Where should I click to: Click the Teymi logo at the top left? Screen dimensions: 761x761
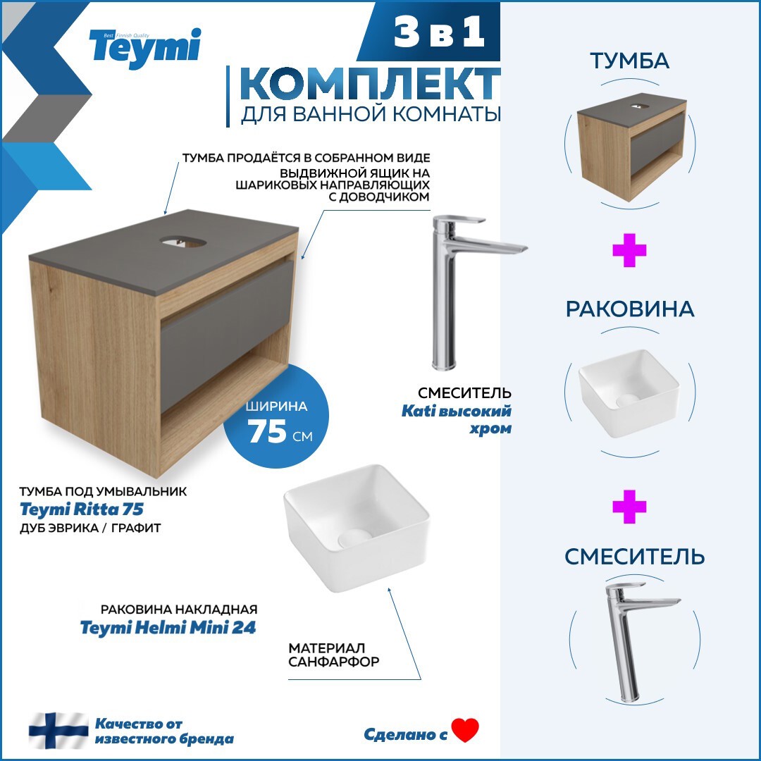click(x=144, y=48)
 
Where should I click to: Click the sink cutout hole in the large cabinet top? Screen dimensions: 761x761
click(x=185, y=242)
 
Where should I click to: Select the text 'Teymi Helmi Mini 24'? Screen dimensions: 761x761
click(x=168, y=628)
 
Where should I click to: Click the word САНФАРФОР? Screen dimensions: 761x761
click(x=334, y=662)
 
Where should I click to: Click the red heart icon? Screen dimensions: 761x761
click(x=465, y=730)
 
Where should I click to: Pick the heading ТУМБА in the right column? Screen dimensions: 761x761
click(x=629, y=61)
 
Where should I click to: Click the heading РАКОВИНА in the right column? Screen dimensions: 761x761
click(x=629, y=309)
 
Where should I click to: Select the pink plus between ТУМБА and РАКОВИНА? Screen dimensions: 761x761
click(x=629, y=252)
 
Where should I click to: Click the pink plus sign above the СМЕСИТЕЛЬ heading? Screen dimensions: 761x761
click(x=629, y=507)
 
